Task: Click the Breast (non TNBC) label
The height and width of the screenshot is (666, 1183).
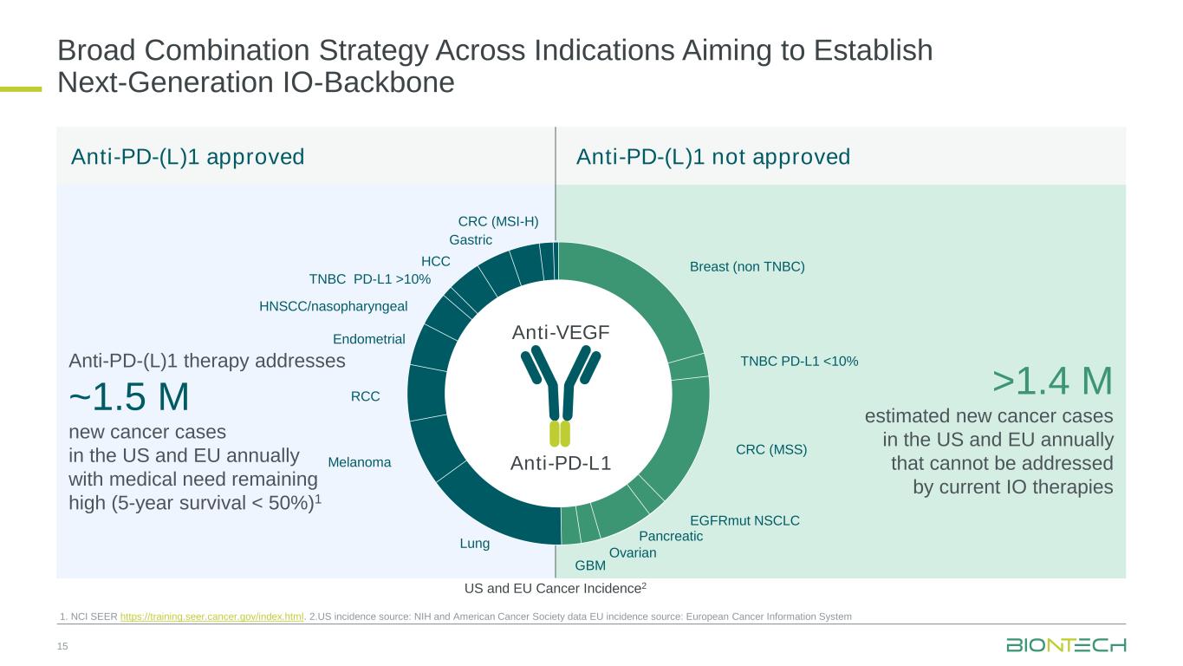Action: point(747,267)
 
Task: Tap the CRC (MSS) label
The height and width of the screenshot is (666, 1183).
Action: point(771,449)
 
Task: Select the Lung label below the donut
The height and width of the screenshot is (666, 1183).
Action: point(475,544)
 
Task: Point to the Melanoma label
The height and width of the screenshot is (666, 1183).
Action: point(360,463)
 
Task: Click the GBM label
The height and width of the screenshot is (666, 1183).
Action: point(590,565)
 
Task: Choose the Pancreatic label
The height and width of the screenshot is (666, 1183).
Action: point(670,537)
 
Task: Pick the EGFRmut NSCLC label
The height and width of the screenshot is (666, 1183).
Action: point(744,520)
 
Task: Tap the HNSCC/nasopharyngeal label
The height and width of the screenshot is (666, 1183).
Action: point(334,306)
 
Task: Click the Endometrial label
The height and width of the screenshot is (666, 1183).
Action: point(369,339)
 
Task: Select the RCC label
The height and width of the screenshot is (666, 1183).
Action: point(365,396)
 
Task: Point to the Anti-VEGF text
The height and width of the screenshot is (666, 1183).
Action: point(561,332)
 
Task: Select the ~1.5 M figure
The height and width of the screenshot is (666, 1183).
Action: point(129,397)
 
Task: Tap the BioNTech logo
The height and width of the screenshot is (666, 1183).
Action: point(1066,645)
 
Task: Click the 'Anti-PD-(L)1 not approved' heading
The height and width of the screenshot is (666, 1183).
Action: point(713,157)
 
